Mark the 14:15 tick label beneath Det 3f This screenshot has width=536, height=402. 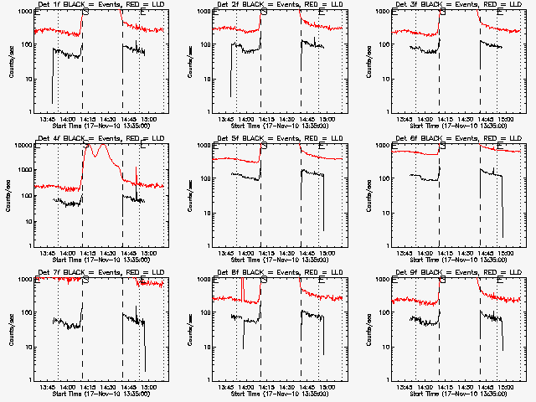[x=446, y=120]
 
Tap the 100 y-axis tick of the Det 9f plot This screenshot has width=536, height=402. [x=384, y=313]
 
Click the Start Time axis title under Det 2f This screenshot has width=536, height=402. [x=274, y=126]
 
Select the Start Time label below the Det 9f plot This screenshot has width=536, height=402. [x=453, y=394]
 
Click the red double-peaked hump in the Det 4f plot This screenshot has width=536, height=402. [x=95, y=153]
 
